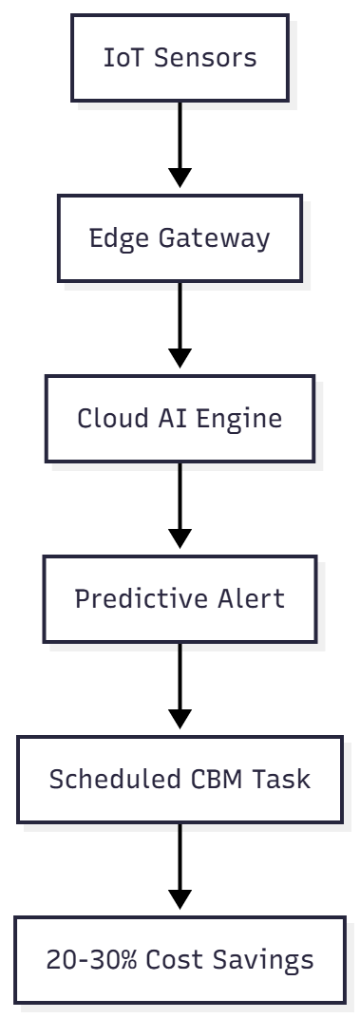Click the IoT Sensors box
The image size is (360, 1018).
[180, 57]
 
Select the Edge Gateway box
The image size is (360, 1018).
[180, 237]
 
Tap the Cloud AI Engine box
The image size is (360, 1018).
[180, 418]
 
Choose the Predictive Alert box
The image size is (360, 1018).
[180, 598]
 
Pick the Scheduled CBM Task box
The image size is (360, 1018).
[180, 779]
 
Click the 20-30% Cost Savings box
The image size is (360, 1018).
[180, 959]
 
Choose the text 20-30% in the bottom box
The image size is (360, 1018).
[92, 959]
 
